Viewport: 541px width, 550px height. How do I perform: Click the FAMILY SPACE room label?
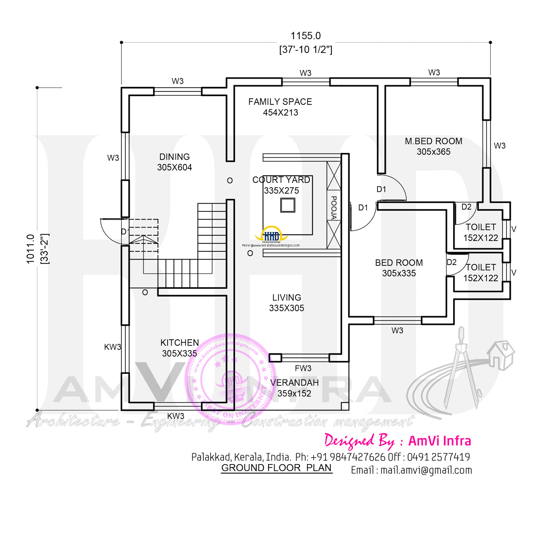pyautogui.click(x=280, y=102)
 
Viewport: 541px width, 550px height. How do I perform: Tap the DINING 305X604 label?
pyautogui.click(x=174, y=162)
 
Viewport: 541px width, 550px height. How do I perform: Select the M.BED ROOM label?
pyautogui.click(x=433, y=141)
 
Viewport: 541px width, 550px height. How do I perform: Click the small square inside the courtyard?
pyautogui.click(x=288, y=206)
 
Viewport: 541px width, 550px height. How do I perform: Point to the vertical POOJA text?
pyautogui.click(x=333, y=207)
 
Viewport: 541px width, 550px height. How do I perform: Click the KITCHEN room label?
pyautogui.click(x=179, y=343)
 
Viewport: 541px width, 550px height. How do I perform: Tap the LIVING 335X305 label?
pyautogui.click(x=286, y=302)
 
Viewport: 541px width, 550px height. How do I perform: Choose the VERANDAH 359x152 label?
pyautogui.click(x=294, y=388)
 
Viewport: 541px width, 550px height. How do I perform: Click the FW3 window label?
pyautogui.click(x=303, y=368)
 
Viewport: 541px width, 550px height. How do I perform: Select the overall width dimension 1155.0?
pyautogui.click(x=305, y=36)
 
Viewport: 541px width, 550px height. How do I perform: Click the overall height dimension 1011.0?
pyautogui.click(x=31, y=249)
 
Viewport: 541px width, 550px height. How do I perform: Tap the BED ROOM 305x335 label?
pyautogui.click(x=399, y=268)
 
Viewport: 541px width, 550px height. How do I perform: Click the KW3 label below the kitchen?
pyautogui.click(x=176, y=416)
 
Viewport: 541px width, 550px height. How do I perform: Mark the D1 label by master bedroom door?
pyautogui.click(x=381, y=189)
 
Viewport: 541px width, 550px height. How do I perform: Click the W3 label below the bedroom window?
pyautogui.click(x=397, y=330)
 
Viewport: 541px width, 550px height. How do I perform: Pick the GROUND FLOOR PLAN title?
pyautogui.click(x=276, y=468)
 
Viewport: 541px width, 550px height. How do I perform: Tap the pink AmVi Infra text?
pyautogui.click(x=439, y=441)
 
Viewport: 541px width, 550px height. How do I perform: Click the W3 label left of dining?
pyautogui.click(x=113, y=158)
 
